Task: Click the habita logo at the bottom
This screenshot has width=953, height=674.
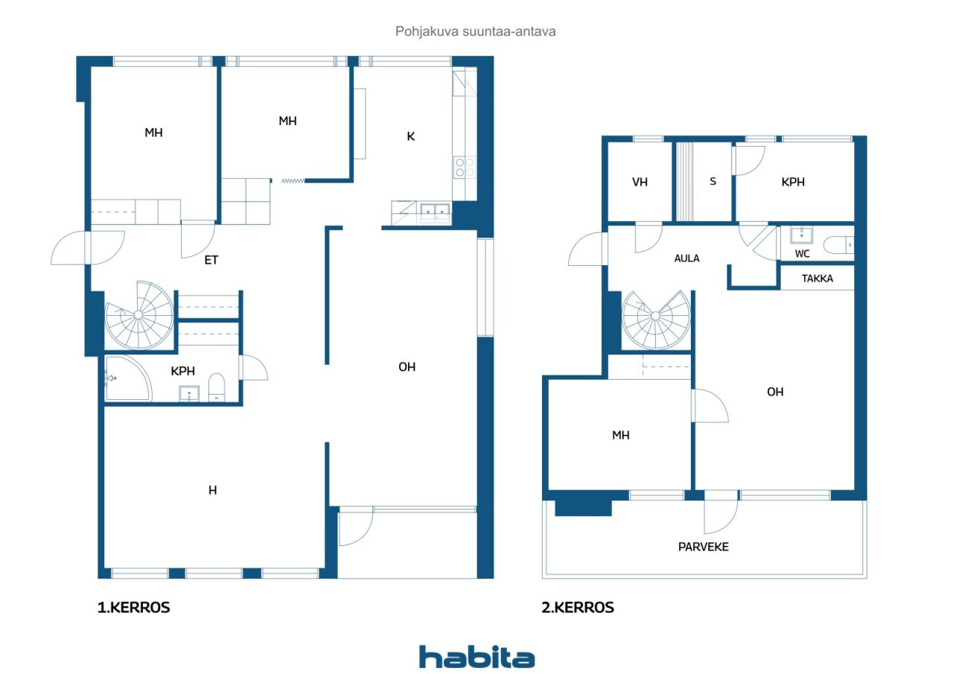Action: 476,656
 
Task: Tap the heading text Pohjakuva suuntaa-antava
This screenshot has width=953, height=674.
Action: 475,31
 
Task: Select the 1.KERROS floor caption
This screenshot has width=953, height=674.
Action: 133,607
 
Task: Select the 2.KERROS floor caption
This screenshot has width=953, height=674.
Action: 577,607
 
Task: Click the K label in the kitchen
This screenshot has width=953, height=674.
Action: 410,136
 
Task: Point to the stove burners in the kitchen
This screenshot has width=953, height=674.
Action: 464,168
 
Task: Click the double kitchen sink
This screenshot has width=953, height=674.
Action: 435,212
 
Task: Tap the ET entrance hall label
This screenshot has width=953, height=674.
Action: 211,260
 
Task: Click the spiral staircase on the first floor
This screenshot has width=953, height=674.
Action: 138,315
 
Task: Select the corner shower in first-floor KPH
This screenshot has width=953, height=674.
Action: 127,378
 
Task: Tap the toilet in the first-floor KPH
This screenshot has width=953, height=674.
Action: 217,387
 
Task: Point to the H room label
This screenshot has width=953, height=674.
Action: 213,490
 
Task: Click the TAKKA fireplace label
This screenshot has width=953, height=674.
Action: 817,279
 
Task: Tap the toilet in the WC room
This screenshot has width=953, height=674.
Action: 838,245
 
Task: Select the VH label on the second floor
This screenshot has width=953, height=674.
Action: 640,182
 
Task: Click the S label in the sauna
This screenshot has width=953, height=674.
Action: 713,181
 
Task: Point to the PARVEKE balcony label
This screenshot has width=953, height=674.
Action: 704,547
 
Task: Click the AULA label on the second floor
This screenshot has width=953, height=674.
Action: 686,258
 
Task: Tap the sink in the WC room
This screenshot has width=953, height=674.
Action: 802,235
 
